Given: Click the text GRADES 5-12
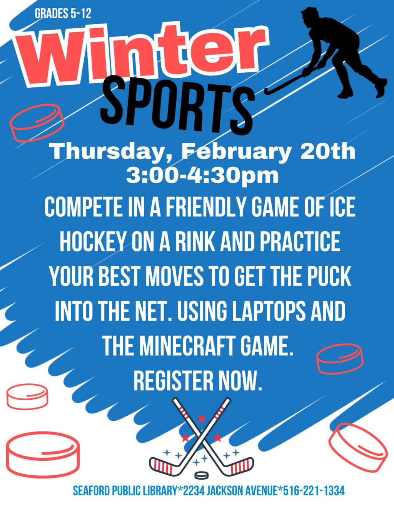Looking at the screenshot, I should pyautogui.click(x=63, y=14).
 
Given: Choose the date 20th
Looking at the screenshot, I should pyautogui.click(x=328, y=151).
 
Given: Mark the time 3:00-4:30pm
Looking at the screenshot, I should pyautogui.click(x=202, y=176).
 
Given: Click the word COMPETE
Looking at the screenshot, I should pyautogui.click(x=83, y=207).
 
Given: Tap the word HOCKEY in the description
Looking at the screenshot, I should pyautogui.click(x=93, y=242).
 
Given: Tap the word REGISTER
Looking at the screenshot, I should pyautogui.click(x=174, y=381).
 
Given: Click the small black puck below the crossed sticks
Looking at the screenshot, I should pyautogui.click(x=201, y=475).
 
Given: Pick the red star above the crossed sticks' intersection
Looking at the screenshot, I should pyautogui.click(x=201, y=418).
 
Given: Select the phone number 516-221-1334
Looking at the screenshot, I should pyautogui.click(x=314, y=491).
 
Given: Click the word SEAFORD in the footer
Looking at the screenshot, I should pyautogui.click(x=91, y=491).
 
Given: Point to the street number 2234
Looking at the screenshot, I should pyautogui.click(x=194, y=491).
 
